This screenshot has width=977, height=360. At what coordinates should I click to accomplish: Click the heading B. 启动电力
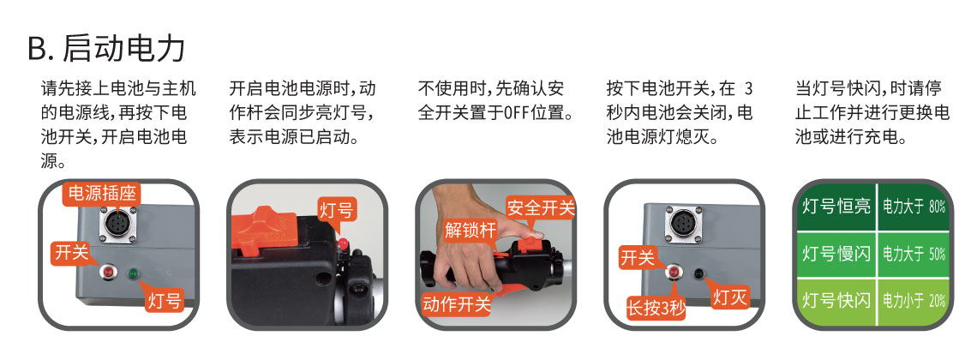pyautogui.click(x=106, y=48)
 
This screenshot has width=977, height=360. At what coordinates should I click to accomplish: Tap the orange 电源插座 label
pyautogui.click(x=102, y=193)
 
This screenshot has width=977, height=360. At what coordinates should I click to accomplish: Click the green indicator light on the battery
pyautogui.click(x=133, y=274)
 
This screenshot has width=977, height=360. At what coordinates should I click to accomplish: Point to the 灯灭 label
pyautogui.click(x=730, y=297)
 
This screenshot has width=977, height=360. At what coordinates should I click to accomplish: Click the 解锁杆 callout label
pyautogui.click(x=471, y=230)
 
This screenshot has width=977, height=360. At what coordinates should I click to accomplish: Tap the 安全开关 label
pyautogui.click(x=540, y=207)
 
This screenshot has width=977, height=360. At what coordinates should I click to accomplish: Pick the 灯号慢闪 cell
pyautogui.click(x=836, y=254)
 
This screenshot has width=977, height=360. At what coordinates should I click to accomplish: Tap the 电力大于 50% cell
pyautogui.click(x=914, y=254)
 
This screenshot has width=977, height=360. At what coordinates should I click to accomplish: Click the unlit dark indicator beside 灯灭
pyautogui.click(x=698, y=273)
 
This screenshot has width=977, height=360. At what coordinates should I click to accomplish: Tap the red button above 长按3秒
pyautogui.click(x=674, y=273)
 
